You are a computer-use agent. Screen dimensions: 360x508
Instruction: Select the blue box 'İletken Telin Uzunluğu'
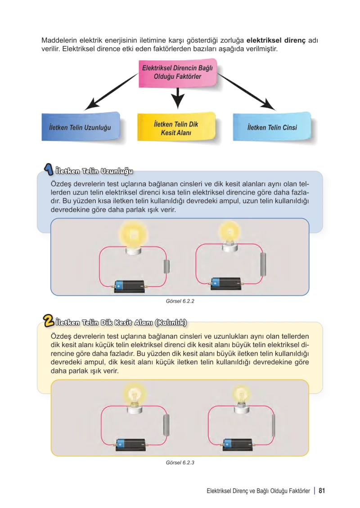(81, 127)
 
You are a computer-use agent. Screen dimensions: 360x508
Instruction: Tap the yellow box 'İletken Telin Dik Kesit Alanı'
(176, 127)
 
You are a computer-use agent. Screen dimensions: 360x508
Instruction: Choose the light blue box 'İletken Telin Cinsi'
(272, 127)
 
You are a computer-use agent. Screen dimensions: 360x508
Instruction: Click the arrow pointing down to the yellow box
(177, 98)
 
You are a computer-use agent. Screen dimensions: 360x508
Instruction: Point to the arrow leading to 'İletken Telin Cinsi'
(246, 92)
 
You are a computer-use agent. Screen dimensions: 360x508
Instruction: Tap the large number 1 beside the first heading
(49, 169)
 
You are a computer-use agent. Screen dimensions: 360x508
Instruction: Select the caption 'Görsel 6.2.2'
(180, 301)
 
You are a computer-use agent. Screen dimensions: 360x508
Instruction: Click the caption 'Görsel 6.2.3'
(180, 463)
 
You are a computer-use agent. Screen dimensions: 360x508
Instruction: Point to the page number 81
(321, 490)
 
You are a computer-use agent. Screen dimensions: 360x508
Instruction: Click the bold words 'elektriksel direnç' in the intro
(276, 41)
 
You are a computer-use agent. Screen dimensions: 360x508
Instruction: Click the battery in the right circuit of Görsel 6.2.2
(225, 283)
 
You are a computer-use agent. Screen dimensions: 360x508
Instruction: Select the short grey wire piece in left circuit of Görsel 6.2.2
(167, 266)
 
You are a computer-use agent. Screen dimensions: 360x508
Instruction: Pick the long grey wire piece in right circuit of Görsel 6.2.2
(263, 264)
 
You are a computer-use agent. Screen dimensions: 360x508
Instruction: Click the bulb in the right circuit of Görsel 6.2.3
(241, 399)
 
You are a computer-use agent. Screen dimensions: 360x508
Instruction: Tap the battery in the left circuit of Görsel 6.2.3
(131, 444)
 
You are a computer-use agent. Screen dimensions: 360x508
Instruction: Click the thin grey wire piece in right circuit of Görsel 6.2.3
(274, 425)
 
